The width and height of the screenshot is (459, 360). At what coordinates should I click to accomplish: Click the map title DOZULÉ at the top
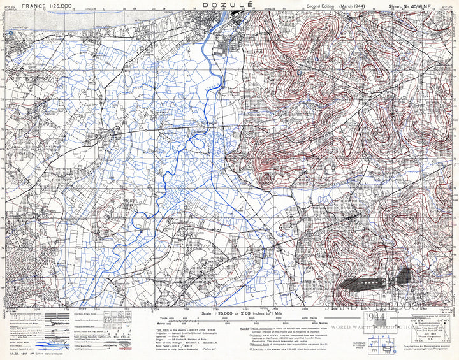228,4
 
